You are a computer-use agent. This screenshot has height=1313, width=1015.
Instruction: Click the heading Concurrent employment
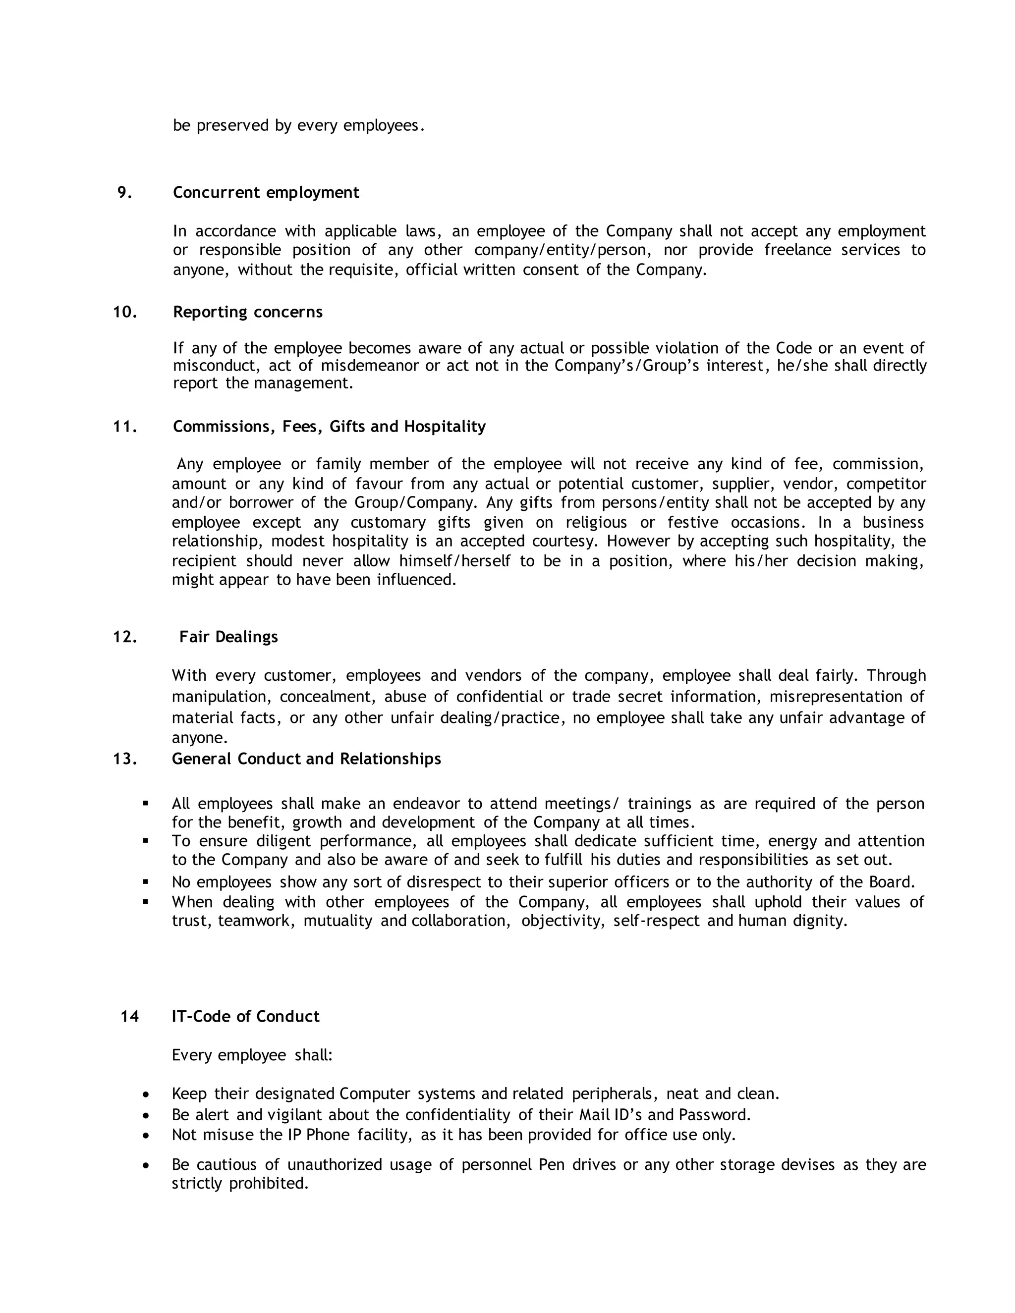[x=266, y=192]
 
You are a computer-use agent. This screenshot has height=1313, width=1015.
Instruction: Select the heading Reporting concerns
[x=248, y=312]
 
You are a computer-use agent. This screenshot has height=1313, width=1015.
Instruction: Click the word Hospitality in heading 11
[x=445, y=426]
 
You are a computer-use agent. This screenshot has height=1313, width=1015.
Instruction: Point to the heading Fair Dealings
[x=228, y=637]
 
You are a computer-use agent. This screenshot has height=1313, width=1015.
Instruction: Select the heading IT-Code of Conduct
[x=245, y=1016]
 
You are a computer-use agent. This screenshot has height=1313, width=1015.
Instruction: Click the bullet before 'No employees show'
[x=146, y=882]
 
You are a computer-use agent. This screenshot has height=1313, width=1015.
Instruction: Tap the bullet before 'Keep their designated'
[x=146, y=1094]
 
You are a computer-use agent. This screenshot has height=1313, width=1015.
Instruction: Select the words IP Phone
[x=328, y=1135]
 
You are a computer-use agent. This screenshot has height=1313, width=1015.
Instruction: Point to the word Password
[x=714, y=1115]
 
